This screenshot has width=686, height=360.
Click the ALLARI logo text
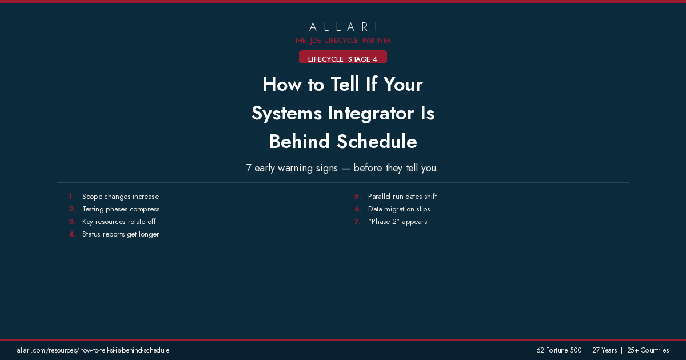click(x=343, y=27)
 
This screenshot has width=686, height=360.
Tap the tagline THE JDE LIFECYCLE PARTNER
click(x=343, y=41)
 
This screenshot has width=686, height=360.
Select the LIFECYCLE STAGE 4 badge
click(x=343, y=59)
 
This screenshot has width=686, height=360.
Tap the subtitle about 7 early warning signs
click(x=343, y=169)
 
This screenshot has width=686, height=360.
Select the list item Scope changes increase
click(x=121, y=197)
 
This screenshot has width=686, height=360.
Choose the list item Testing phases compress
click(x=121, y=209)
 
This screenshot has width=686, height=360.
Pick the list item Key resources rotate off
click(x=119, y=222)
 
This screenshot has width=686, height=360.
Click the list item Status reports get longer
click(x=121, y=234)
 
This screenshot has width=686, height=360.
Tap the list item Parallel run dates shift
click(x=402, y=197)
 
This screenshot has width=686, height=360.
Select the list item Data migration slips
click(x=399, y=209)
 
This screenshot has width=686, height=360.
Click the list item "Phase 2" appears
click(x=397, y=222)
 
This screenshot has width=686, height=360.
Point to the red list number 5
click(x=357, y=197)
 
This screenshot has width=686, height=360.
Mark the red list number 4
click(x=72, y=234)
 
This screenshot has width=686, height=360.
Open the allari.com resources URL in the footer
click(x=93, y=350)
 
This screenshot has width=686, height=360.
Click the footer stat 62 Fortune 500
click(x=559, y=350)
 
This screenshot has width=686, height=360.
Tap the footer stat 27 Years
click(x=604, y=350)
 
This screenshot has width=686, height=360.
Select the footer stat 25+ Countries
click(x=648, y=350)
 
